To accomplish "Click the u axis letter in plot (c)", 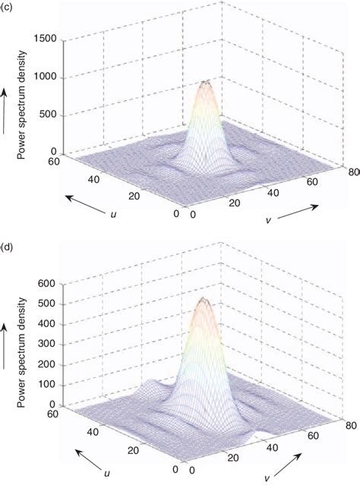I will coord(112,215).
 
